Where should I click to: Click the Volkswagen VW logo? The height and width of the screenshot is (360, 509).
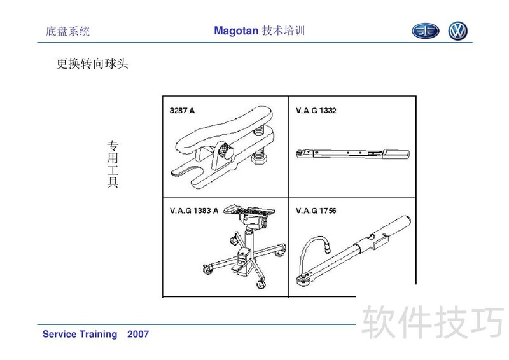pos(457,31)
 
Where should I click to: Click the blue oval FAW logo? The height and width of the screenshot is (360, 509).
pos(425,31)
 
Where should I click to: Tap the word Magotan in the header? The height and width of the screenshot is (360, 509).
pos(236,31)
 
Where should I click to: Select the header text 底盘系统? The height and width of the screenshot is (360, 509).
pos(67,32)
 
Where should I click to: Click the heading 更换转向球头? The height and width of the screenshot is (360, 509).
pos(92,64)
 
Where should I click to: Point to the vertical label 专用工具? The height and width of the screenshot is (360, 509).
pos(113,164)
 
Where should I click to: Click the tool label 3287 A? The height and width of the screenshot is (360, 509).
pos(182,111)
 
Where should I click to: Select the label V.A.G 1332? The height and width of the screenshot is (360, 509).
pos(316,111)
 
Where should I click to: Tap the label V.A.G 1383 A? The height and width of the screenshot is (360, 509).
pos(194,211)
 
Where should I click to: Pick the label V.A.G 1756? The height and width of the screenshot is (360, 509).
pos(316,211)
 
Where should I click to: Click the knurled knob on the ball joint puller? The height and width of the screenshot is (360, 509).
pos(225,151)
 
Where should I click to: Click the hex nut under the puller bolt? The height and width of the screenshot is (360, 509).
pos(260,160)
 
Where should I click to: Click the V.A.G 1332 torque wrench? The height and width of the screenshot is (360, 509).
pos(352,153)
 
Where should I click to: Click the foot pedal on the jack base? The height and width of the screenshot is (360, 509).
pos(238,269)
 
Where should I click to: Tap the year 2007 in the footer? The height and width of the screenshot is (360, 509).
pos(138,334)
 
